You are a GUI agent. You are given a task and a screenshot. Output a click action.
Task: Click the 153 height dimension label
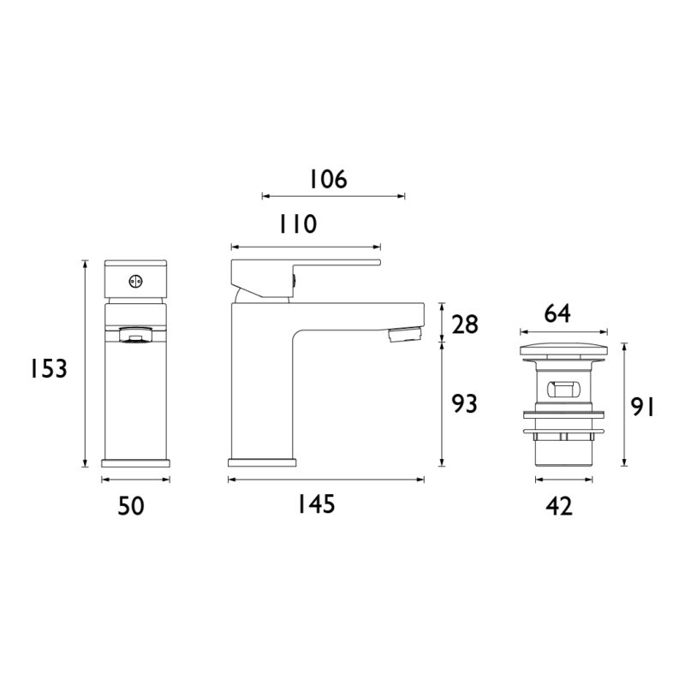pyautogui.click(x=49, y=369)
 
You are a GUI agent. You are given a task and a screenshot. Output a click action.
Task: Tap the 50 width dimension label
pyautogui.click(x=131, y=506)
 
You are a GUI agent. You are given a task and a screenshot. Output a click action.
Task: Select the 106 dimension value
pyautogui.click(x=329, y=179)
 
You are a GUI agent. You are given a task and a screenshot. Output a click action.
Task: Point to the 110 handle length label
pyautogui.click(x=298, y=224)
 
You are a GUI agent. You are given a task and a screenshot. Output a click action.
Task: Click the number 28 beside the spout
pyautogui.click(x=465, y=325)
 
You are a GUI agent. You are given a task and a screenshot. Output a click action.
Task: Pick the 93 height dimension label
pyautogui.click(x=464, y=403)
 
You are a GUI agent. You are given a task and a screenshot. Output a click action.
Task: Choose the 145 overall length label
pyautogui.click(x=316, y=504)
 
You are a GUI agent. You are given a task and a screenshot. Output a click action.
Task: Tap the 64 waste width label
pyautogui.click(x=557, y=313)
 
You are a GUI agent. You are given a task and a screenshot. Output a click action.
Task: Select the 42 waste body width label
pyautogui.click(x=559, y=506)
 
